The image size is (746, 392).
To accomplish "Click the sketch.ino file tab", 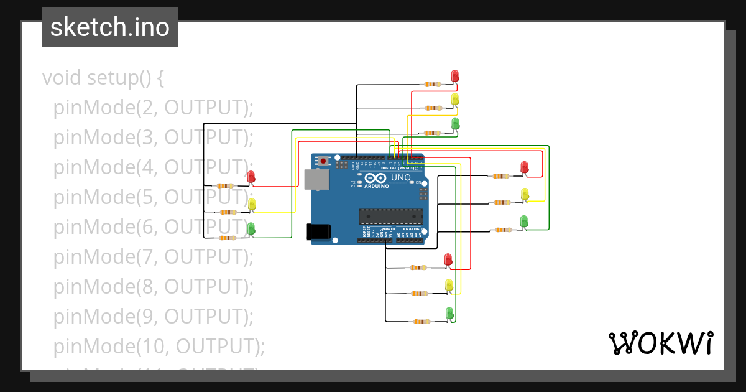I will [110, 27].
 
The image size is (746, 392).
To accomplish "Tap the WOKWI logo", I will [660, 343].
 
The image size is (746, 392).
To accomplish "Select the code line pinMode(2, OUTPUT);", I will [154, 108].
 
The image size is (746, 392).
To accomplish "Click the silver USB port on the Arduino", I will [318, 179].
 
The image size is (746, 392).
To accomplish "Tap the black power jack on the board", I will [319, 231].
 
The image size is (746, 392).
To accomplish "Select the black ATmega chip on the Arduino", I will [390, 217].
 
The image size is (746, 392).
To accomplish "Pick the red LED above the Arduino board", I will [455, 75].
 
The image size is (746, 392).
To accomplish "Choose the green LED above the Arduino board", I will [455, 123].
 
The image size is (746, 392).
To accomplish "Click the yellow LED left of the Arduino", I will [252, 203].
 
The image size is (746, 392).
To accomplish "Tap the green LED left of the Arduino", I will [251, 228].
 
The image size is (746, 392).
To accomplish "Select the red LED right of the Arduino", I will [524, 167].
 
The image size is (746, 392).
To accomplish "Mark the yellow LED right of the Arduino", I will [525, 194].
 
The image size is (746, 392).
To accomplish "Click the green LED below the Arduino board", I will [449, 312].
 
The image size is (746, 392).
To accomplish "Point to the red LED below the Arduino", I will [448, 259].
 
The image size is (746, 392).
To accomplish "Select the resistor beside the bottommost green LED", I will [421, 322].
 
